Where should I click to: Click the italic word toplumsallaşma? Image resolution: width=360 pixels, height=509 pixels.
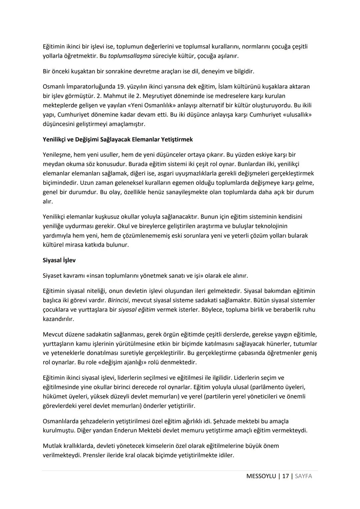coord(130,56)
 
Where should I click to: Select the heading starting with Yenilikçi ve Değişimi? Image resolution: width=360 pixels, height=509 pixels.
coord(118,139)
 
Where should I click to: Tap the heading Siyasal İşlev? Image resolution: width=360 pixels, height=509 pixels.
coord(59,261)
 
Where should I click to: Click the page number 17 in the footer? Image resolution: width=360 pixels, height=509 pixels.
coord(285,476)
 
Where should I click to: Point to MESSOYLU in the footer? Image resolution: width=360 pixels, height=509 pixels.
coord(261,476)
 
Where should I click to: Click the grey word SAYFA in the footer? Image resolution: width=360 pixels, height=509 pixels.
coord(303,476)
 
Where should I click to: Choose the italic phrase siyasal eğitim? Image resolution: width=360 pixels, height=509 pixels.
coord(137,310)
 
